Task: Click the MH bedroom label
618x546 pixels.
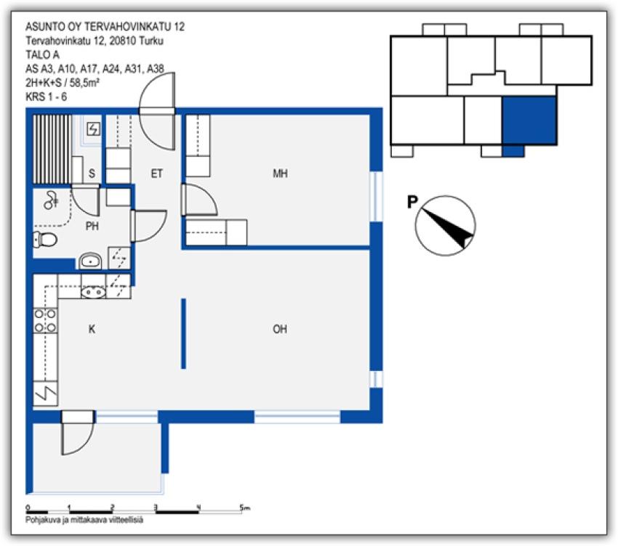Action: pos(279,174)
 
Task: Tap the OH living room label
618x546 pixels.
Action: pos(280,330)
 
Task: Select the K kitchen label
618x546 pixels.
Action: pos(92,330)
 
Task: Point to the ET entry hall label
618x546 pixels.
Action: pos(156,174)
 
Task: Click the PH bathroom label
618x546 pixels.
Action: pos(92,226)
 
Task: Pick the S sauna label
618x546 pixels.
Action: pos(92,174)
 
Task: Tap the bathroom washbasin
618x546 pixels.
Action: pos(91,260)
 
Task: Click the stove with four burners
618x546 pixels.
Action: pos(45,321)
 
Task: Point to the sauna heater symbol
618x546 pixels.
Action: pos(94,129)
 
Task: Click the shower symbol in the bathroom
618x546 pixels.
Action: pos(51,200)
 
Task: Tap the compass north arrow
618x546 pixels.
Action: pos(447,225)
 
